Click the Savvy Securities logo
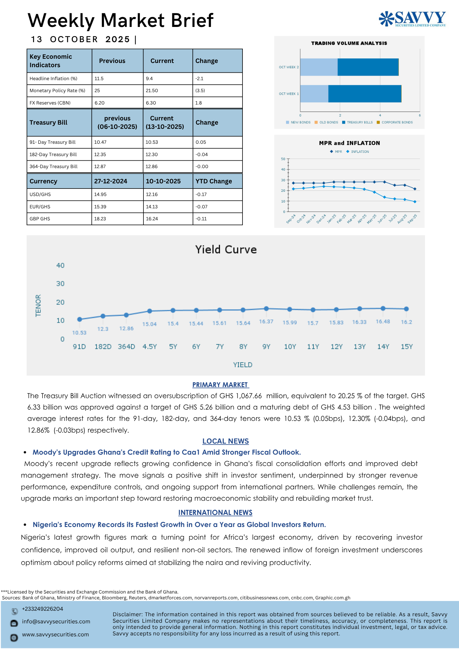coord(412,19)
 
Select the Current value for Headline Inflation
coord(149,79)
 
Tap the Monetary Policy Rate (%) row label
coord(57,91)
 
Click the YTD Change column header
coord(214,181)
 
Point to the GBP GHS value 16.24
coord(152,219)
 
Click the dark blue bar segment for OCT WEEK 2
coord(368,67)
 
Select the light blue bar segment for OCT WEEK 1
coord(314,94)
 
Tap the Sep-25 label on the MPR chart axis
coord(412,219)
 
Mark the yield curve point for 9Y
coord(266,309)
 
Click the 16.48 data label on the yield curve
coord(383,322)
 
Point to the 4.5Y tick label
coord(150,347)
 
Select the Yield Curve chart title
coord(226,250)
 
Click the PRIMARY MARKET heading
coord(220,385)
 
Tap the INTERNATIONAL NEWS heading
coord(215,513)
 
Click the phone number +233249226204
coord(43,609)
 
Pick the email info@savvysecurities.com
coord(56,622)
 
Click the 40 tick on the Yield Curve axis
coord(60,265)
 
